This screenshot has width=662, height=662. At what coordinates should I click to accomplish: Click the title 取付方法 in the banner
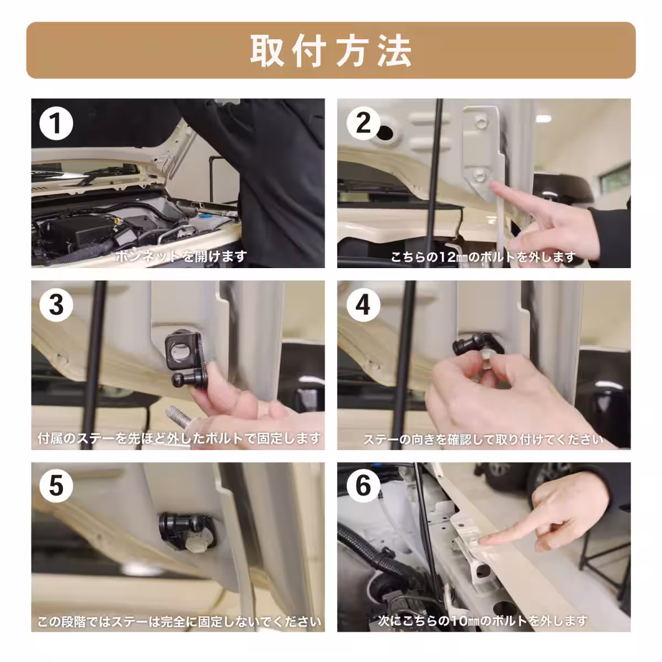[x=331, y=51]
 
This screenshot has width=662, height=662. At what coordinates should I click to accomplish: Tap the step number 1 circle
[x=56, y=124]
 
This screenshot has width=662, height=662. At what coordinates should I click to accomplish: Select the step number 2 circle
[x=363, y=122]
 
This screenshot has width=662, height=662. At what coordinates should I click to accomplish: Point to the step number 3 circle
[x=56, y=305]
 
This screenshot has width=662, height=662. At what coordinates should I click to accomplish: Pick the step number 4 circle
[x=363, y=305]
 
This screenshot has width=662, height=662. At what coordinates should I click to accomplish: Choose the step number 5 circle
[x=56, y=485]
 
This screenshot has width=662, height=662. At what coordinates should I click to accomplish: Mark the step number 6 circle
[x=363, y=485]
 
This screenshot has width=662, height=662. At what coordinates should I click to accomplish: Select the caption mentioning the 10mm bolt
[x=483, y=621]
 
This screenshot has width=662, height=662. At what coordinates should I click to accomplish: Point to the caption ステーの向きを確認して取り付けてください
[x=483, y=440]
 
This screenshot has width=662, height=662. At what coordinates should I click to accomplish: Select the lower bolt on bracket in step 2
[x=478, y=176]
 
